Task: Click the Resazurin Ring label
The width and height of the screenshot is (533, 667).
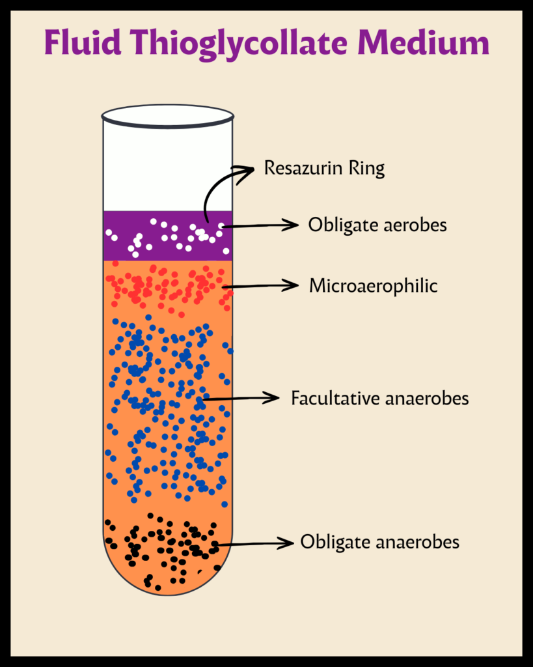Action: (324, 169)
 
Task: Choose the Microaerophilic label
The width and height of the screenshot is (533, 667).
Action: (373, 285)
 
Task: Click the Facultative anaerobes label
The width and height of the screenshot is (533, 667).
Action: (380, 398)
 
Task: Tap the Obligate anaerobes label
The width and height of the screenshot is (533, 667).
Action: (379, 542)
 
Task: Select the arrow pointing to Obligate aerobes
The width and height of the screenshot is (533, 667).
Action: (260, 225)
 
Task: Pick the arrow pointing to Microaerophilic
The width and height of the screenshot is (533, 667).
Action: (260, 285)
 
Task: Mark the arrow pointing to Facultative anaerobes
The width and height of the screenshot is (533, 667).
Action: (241, 397)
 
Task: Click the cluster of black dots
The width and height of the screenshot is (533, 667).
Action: (163, 544)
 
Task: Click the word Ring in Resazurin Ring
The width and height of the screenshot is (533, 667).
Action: (367, 169)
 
